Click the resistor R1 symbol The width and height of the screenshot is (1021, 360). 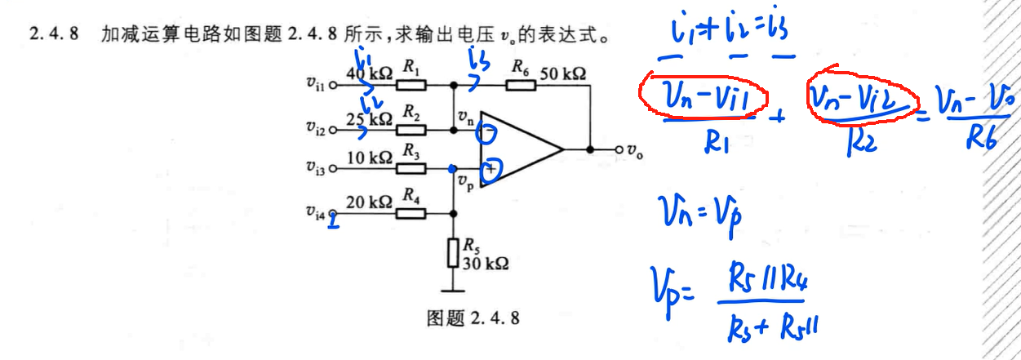[411, 85]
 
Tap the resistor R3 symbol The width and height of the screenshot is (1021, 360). [411, 169]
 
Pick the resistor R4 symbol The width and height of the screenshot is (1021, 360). [411, 214]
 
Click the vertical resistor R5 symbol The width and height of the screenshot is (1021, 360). [454, 253]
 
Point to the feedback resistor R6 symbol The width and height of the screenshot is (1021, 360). [521, 85]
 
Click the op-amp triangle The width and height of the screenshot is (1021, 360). [517, 149]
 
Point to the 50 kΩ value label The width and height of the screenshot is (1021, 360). [562, 73]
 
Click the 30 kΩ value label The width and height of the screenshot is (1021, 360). [486, 264]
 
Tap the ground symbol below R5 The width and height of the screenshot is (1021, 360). [454, 287]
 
